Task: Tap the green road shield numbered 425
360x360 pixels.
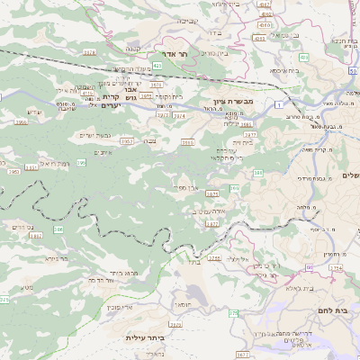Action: (x=157, y=66)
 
